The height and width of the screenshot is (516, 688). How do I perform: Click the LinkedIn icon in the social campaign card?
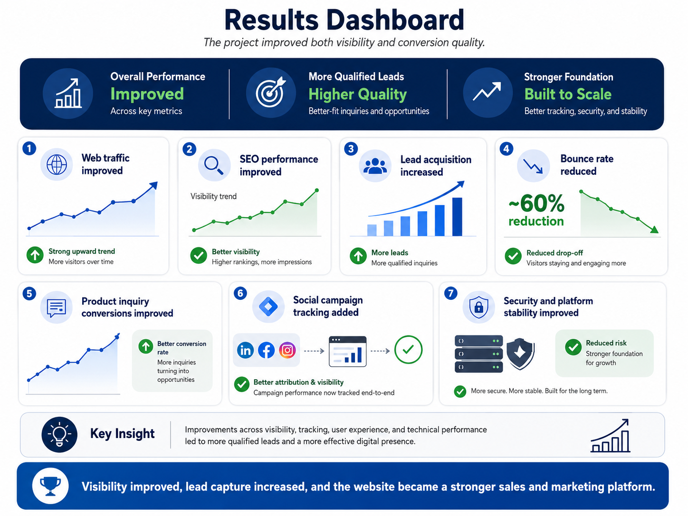tap(245, 350)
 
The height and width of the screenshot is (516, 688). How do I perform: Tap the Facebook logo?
tap(266, 350)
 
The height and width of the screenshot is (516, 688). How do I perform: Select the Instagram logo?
tap(287, 350)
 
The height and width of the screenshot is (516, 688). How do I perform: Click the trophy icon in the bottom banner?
tap(50, 486)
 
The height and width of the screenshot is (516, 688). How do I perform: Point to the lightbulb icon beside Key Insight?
tap(59, 435)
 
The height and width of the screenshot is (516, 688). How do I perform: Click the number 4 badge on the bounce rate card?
tap(506, 149)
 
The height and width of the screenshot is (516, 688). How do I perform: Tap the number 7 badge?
tap(451, 293)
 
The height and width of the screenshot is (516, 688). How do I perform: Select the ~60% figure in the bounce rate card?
tap(536, 203)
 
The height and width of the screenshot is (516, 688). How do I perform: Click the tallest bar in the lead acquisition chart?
tap(457, 217)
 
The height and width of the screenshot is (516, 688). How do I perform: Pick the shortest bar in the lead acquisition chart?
tap(372, 230)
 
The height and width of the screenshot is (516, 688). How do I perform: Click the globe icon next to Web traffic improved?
tap(57, 164)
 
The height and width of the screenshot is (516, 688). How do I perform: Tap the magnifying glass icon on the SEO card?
tap(214, 165)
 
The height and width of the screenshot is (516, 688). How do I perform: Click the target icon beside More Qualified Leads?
tap(271, 93)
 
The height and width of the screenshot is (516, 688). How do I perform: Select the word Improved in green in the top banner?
tap(147, 94)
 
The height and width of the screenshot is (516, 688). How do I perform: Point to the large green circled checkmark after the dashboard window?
tap(409, 350)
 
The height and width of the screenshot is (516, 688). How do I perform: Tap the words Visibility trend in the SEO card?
tap(213, 196)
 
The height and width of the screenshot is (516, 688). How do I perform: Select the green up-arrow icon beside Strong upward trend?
tap(35, 255)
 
